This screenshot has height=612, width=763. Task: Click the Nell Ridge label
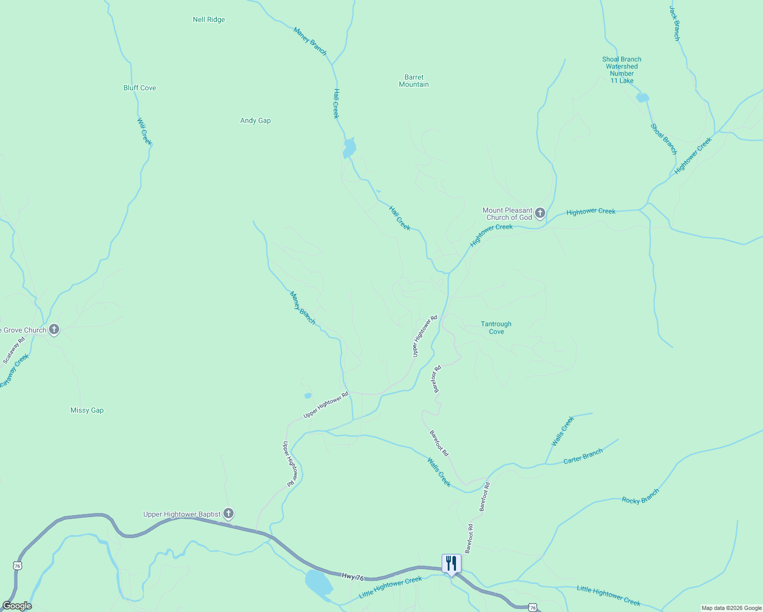pos(209,20)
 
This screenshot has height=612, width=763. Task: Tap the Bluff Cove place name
pos(140,88)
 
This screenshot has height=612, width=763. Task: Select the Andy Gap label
pos(256,121)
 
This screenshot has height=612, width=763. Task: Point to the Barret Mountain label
pos(414,81)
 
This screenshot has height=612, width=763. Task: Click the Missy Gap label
pos(87,411)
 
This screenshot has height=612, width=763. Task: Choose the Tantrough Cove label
pos(496,328)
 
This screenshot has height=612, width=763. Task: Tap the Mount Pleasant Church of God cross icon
pos(540,213)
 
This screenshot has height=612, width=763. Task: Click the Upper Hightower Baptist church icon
pos(229,514)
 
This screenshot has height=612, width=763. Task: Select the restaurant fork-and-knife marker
pos(451,564)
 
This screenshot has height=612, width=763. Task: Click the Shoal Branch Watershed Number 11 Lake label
pos(622,70)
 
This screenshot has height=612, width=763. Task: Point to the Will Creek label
pos(144,131)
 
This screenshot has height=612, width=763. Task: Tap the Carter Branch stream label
pos(583,456)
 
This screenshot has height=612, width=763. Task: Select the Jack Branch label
pos(674,23)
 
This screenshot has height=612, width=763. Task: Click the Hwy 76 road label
pos(353,577)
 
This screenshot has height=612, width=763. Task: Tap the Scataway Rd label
pos(14,350)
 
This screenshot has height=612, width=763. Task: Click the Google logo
pos(17,606)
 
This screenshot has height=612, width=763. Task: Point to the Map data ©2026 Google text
pos(731,608)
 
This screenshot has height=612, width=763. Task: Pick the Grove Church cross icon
pos(54,329)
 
